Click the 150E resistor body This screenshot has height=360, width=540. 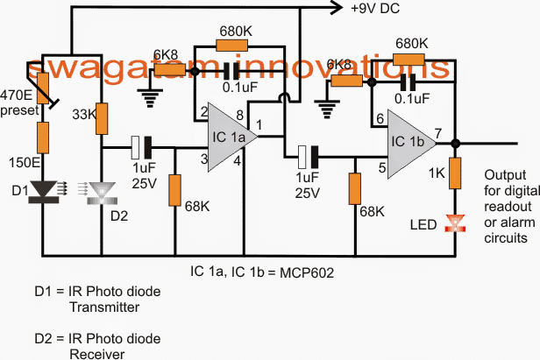[41, 139]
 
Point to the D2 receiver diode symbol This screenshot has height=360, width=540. [103, 189]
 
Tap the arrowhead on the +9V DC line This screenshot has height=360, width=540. [333, 9]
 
